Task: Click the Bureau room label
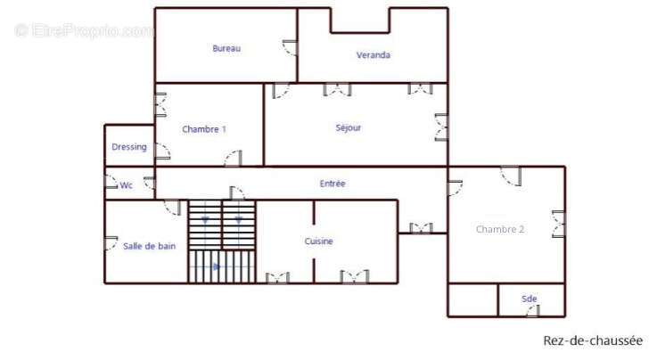[226, 48]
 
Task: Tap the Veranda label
[373, 55]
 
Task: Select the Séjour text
[348, 127]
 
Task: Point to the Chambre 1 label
[204, 129]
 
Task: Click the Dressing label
[129, 147]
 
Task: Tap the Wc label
[127, 185]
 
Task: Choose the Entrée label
[333, 184]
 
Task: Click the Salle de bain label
[150, 246]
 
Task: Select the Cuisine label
[319, 241]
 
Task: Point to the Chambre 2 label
[500, 229]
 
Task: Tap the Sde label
[530, 299]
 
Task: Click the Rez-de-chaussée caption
[593, 340]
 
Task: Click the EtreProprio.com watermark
[85, 30]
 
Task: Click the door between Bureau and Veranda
[290, 47]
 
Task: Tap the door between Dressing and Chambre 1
[162, 151]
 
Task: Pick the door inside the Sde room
[533, 311]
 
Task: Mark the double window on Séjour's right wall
[441, 127]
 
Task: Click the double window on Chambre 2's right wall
[559, 224]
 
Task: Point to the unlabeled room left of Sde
[472, 300]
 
